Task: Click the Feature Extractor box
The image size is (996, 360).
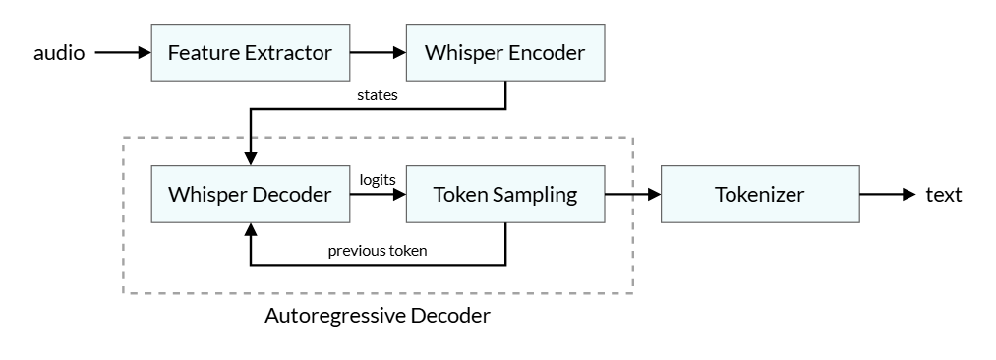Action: click(x=250, y=53)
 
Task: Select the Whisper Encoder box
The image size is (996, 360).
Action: click(x=504, y=53)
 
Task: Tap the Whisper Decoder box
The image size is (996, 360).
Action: click(x=250, y=195)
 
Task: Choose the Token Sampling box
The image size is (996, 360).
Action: click(x=504, y=195)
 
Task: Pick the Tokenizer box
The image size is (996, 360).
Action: click(x=759, y=195)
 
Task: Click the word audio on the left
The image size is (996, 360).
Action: click(x=59, y=53)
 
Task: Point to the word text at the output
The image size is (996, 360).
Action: click(x=944, y=195)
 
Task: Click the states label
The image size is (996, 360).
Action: click(x=378, y=96)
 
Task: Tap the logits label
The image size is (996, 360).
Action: click(x=378, y=179)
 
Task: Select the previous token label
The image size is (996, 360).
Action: click(x=378, y=251)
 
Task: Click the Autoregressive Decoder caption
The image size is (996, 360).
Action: click(x=378, y=317)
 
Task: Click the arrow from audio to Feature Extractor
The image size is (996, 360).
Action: click(x=122, y=53)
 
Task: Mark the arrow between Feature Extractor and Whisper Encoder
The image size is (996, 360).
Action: click(x=377, y=53)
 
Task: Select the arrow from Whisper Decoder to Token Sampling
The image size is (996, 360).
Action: click(x=377, y=195)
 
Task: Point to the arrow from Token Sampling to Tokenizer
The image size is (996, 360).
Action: click(x=631, y=195)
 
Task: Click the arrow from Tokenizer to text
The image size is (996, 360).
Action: click(x=887, y=195)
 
